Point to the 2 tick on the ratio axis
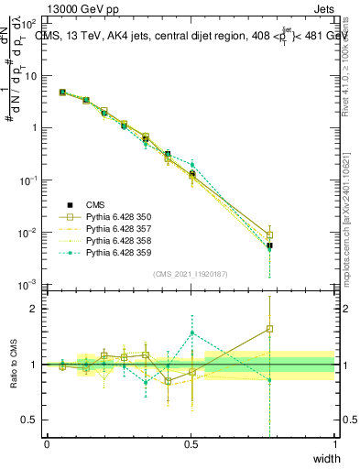(x=37, y=309)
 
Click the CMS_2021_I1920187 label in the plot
(x=191, y=273)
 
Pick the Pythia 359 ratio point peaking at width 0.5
(x=191, y=333)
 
